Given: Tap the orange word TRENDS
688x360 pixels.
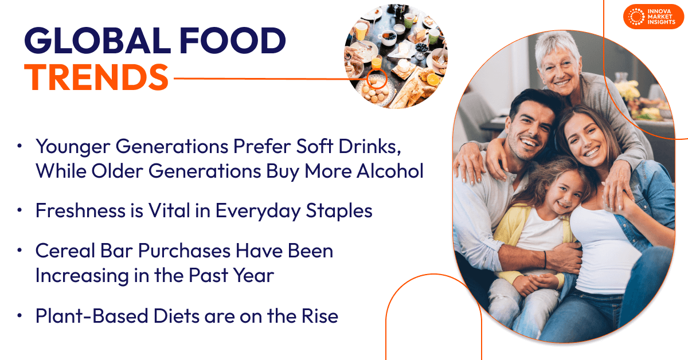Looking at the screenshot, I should coord(96,77).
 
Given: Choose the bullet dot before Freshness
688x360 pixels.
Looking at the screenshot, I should coord(20,211).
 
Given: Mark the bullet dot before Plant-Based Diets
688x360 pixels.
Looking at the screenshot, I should coord(20,315).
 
